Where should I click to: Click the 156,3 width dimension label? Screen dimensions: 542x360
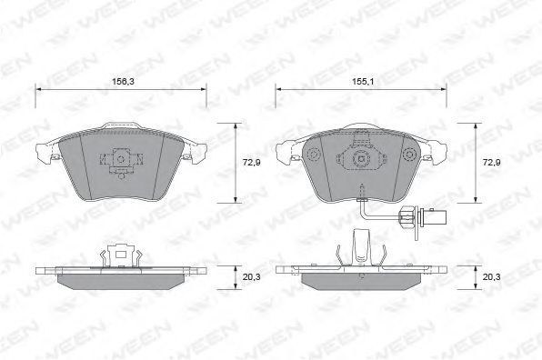[123, 82]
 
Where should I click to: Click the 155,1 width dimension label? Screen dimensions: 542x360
[363, 82]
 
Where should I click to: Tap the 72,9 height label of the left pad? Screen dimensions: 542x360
[251, 163]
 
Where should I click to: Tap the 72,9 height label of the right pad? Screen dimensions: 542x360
[492, 163]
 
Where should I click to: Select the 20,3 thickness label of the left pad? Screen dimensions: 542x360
[251, 277]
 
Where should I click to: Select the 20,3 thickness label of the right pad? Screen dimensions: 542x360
[492, 277]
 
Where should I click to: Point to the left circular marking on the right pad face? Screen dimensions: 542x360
[315, 154]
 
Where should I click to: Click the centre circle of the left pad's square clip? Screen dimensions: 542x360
[121, 159]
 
